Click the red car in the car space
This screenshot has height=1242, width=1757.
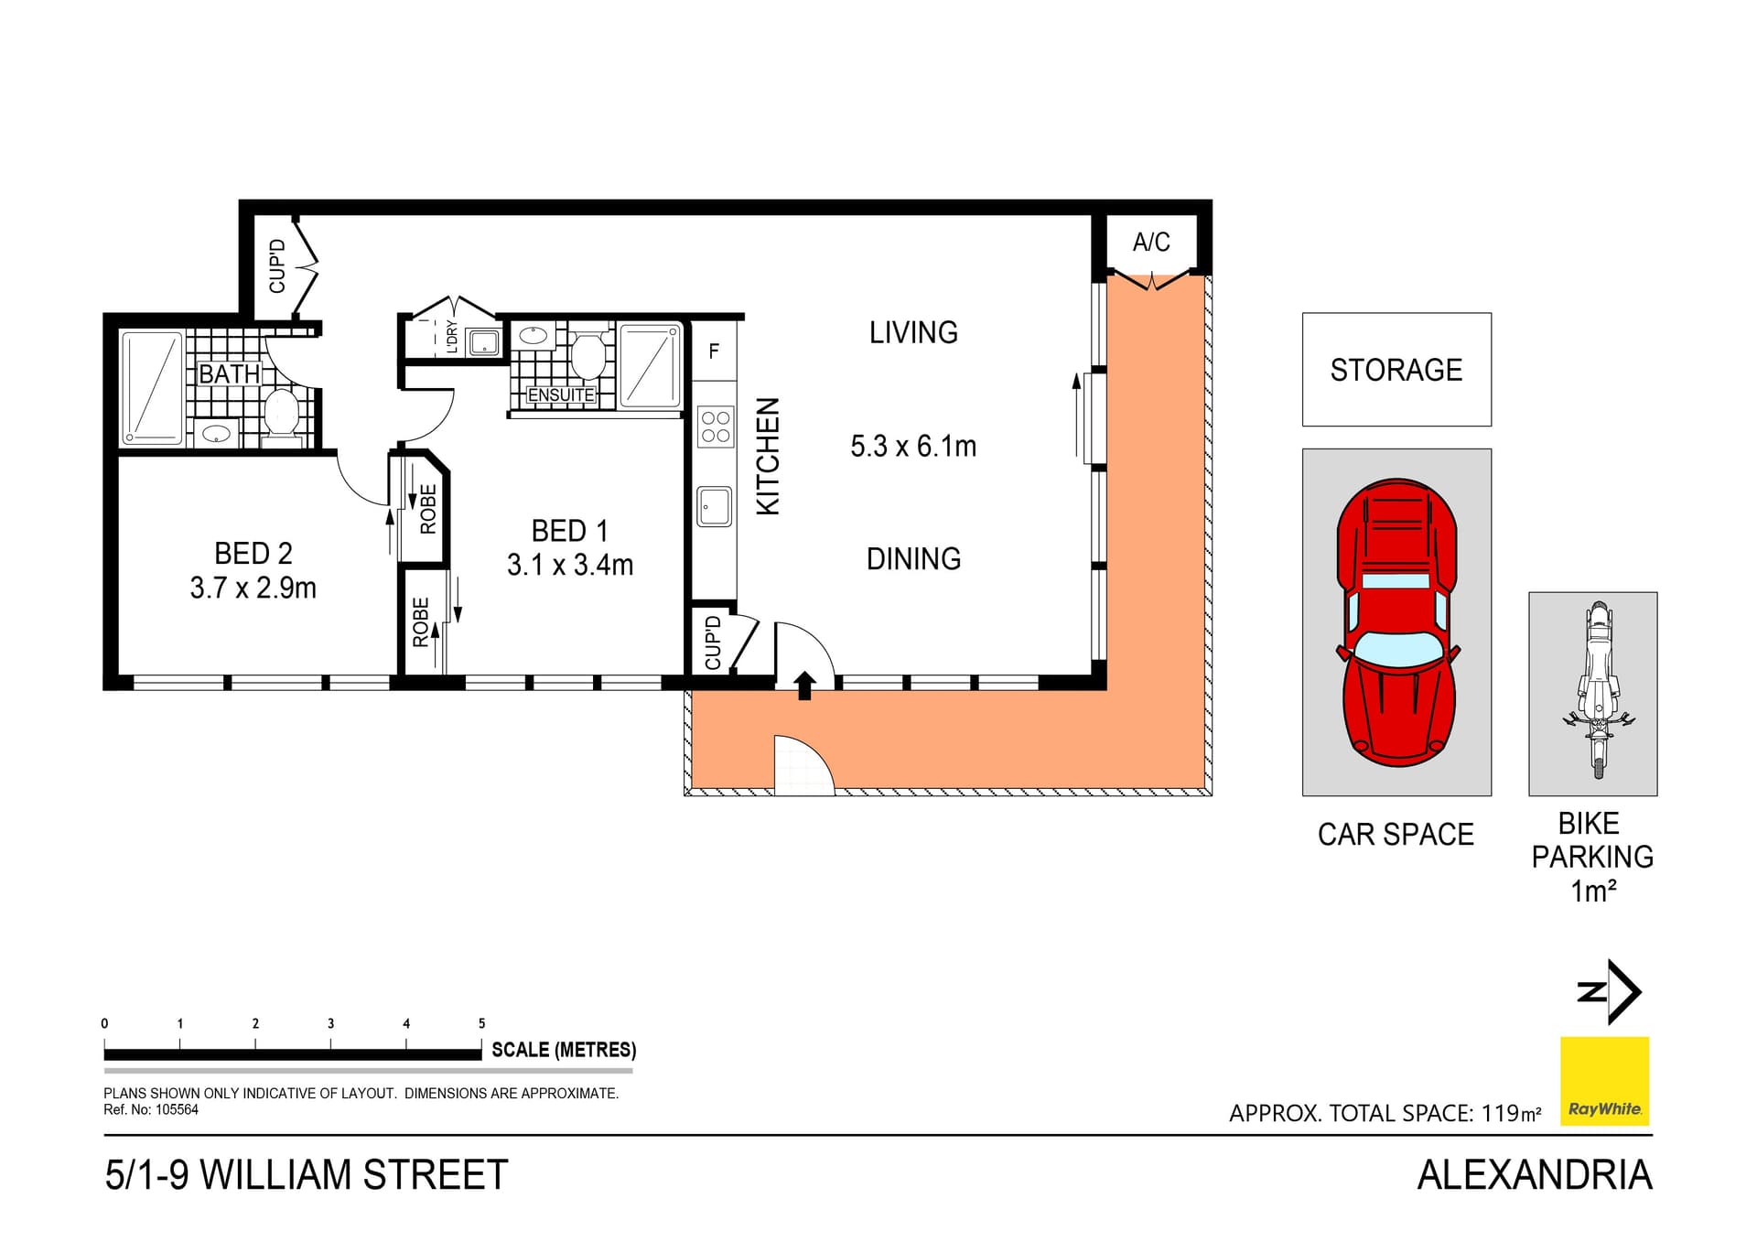point(1396,622)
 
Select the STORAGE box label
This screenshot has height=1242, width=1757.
point(1396,370)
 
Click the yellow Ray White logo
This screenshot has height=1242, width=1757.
point(1604,1081)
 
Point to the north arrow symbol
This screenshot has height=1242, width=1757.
point(1610,991)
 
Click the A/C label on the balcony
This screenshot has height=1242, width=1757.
point(1150,243)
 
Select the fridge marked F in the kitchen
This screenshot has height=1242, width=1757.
point(714,351)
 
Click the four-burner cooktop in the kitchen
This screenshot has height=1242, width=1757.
point(715,427)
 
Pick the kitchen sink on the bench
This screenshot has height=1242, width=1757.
point(715,506)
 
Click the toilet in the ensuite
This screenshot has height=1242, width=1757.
point(587,354)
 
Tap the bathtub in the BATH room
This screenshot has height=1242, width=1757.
point(152,388)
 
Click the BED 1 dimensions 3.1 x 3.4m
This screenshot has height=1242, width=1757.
point(570,565)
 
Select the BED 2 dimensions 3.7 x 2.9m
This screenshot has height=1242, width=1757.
point(253,588)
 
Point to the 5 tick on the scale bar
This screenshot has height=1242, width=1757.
point(481,1024)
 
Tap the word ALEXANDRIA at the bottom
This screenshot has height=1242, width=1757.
point(1534,1175)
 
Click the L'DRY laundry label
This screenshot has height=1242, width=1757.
point(451,337)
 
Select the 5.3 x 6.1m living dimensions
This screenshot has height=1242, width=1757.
point(913,447)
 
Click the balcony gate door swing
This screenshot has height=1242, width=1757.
point(803,764)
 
